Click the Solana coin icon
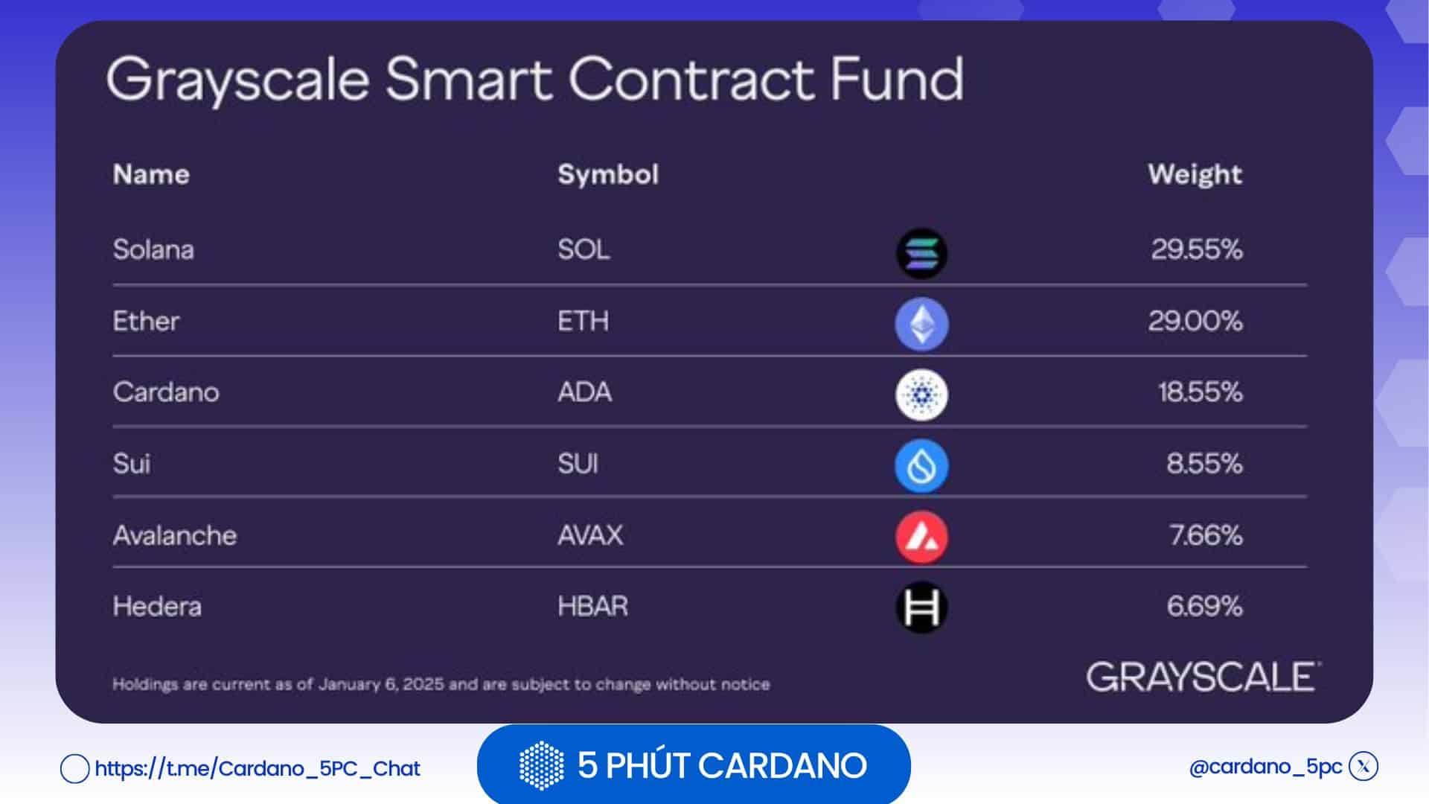tap(921, 253)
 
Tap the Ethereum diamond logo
tap(921, 324)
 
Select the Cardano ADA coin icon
tap(921, 395)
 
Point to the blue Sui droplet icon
tap(921, 466)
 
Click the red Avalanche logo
tap(921, 537)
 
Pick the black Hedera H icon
tap(921, 607)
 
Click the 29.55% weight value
tap(1196, 249)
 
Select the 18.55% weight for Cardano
tap(1200, 392)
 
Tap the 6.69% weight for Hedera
tap(1204, 606)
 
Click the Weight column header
tap(1195, 174)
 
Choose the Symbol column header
tap(608, 174)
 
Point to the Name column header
tap(151, 174)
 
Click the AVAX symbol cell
tap(590, 535)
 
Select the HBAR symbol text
tap(593, 606)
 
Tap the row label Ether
tap(146, 322)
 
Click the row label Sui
tap(132, 464)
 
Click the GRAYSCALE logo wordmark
tap(1202, 677)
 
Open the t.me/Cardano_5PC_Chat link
tap(258, 768)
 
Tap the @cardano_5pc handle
tap(1265, 767)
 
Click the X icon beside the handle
tap(1364, 766)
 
